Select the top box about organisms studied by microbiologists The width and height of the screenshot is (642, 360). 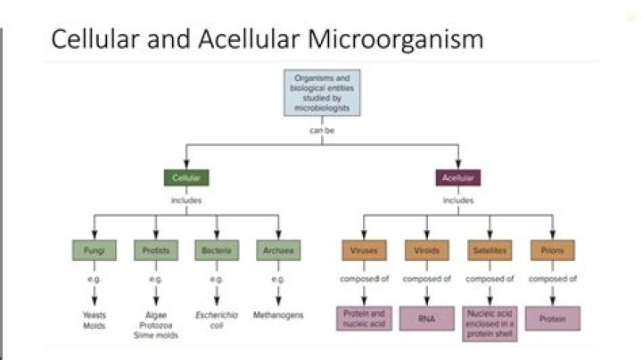pos(321,94)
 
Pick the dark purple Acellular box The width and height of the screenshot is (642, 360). pos(457,178)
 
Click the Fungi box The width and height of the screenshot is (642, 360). pos(95,250)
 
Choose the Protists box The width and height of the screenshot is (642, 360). pos(156,250)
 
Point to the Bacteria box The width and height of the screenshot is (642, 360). pos(216,250)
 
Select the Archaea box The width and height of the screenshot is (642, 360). pos(277,250)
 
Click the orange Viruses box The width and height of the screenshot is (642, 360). pos(364,250)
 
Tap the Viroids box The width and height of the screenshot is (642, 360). pos(425,250)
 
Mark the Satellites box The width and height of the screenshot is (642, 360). pos(489,250)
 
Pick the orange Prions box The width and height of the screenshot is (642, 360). pos(552,250)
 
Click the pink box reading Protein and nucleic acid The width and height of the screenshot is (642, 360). pos(364,318)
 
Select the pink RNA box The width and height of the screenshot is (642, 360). pos(425,318)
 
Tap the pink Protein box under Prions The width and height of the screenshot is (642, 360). pos(552,318)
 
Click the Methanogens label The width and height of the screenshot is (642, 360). pos(277,315)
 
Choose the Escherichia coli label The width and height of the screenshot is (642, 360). pos(216,319)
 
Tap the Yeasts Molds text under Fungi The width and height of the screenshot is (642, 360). pos(95,319)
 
